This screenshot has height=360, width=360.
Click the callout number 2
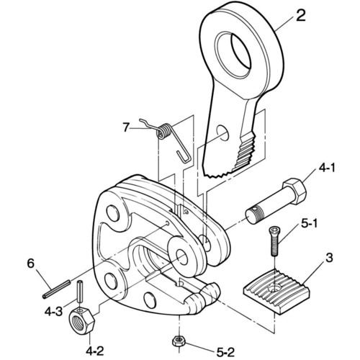(300, 16)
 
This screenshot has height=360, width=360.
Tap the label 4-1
(326, 168)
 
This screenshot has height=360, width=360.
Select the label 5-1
(309, 224)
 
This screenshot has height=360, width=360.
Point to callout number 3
(329, 258)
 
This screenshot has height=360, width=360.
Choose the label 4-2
(95, 351)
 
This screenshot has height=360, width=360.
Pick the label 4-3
(53, 312)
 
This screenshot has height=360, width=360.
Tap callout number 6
(31, 264)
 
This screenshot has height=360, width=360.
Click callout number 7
(127, 127)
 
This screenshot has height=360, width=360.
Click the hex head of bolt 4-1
(295, 191)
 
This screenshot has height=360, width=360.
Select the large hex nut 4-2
(82, 320)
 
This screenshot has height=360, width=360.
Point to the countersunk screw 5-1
(274, 241)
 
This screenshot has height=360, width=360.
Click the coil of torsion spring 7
(164, 131)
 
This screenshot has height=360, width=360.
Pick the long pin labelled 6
(56, 289)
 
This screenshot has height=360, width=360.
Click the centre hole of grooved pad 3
(274, 288)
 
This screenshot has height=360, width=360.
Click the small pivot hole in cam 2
(222, 132)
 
